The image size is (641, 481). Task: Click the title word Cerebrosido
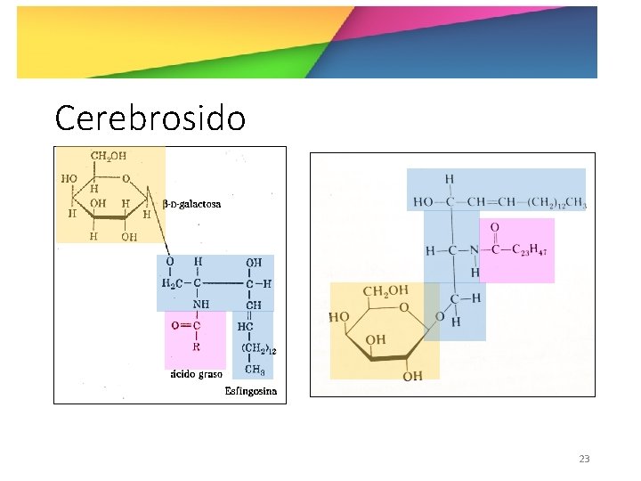pos(150,117)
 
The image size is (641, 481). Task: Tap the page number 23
pos(584,459)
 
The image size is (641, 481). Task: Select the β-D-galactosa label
pos(193,204)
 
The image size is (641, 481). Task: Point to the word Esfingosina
pos(251,391)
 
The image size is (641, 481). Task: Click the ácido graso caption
pos(196,374)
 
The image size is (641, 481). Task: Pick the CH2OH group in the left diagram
pos(109,158)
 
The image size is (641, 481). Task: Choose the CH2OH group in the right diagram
pos(385,291)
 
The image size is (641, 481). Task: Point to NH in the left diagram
pos(200,304)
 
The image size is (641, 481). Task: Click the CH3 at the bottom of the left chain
pos(255,371)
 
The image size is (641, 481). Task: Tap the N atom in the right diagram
pos(475,250)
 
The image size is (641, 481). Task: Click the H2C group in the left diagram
pos(170,283)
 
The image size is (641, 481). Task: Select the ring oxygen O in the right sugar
pos(404,309)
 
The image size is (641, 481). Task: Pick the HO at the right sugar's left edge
pos(338,316)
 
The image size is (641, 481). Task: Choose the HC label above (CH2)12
pos(246,327)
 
